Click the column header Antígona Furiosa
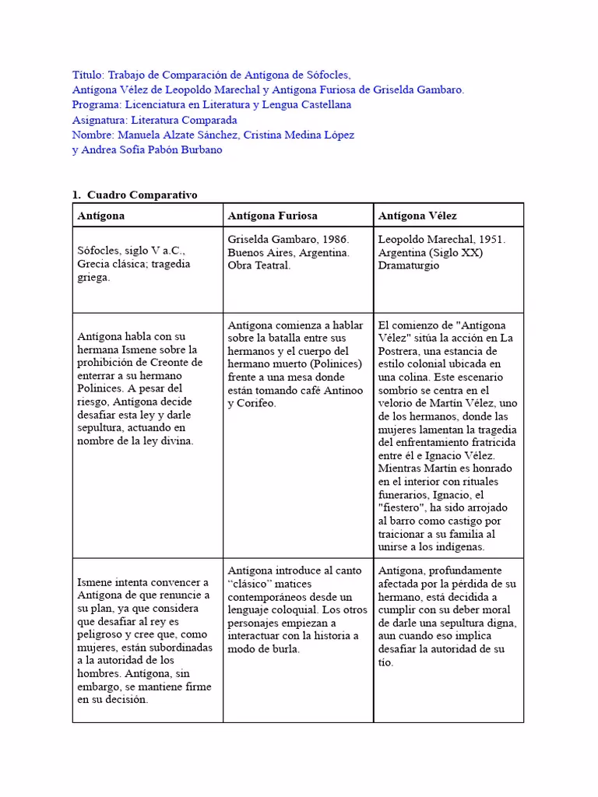point(273,216)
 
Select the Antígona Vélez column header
point(417,216)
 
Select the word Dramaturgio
point(409,265)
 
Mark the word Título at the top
point(87,75)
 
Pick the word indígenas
point(457,547)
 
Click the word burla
point(283,650)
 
